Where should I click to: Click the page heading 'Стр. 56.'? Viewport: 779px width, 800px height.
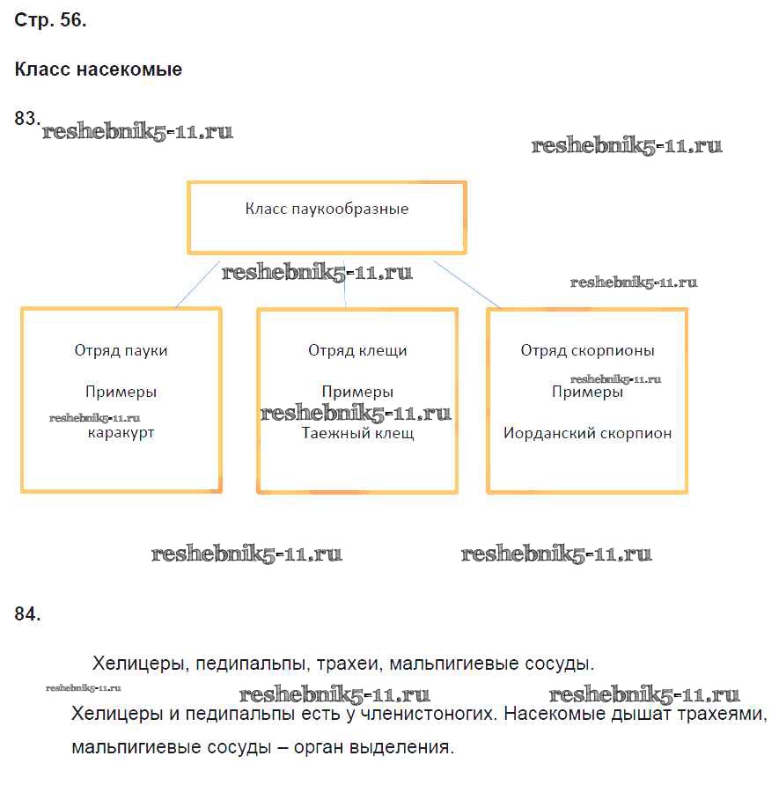pos(50,22)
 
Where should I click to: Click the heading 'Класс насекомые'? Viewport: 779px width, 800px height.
pos(99,70)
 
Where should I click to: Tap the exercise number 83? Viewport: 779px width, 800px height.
pos(27,118)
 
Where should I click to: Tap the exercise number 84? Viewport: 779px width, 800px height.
pos(27,614)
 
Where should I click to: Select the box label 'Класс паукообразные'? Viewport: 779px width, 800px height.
pos(326,209)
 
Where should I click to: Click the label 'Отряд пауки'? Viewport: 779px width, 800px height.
pos(121,350)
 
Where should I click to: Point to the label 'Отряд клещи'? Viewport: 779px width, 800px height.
pos(357,350)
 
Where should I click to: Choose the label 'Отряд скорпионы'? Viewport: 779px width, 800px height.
pos(587,350)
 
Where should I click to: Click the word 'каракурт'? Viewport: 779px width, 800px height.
pos(121,433)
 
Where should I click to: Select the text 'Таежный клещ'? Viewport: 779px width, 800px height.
pos(357,433)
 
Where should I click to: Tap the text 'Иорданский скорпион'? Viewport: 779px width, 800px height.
pos(587,433)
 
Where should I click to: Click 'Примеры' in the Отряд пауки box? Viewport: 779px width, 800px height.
pos(121,393)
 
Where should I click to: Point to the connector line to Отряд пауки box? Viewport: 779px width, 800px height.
pos(197,283)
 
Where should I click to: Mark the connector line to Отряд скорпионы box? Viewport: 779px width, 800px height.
pos(467,284)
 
